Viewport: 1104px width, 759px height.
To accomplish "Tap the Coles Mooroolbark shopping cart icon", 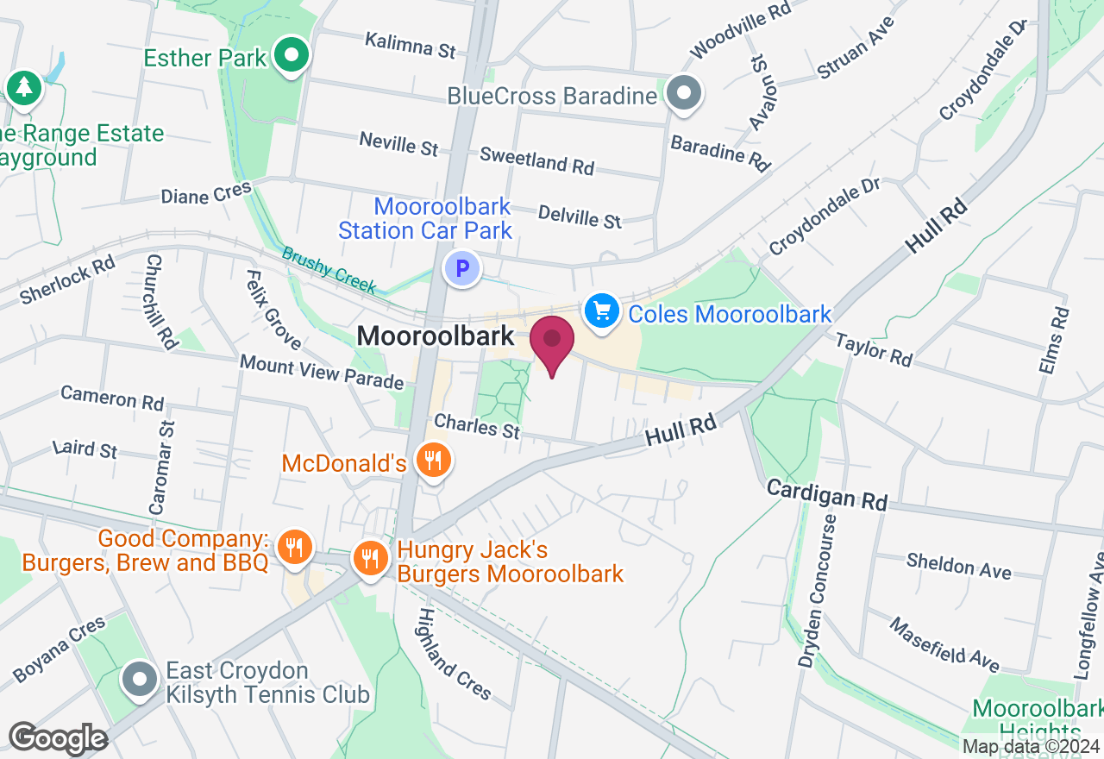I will point(601,311).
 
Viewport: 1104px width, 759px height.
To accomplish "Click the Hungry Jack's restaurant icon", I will point(370,558).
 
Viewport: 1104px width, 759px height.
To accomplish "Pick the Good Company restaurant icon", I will point(295,547).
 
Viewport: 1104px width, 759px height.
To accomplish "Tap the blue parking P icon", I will point(461,267).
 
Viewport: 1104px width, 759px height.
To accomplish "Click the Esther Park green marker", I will point(292,57).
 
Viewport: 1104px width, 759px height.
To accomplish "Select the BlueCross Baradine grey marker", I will point(685,93).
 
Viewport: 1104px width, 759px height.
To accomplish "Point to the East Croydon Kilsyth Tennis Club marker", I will point(139,680).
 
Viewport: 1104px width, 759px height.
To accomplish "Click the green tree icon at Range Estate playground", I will point(24,88).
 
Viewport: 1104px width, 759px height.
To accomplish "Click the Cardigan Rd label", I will point(827,495).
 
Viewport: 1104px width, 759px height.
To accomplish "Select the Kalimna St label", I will point(410,45).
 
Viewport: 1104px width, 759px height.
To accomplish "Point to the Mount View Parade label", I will point(322,372).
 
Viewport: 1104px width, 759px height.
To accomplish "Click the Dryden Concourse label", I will point(816,592).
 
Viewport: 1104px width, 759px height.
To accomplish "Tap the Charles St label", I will point(477,425).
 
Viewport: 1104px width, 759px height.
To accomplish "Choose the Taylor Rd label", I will point(873,350).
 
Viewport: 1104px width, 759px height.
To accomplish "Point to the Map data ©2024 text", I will point(1031,747).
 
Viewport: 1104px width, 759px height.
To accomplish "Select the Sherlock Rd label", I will point(67,279).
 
